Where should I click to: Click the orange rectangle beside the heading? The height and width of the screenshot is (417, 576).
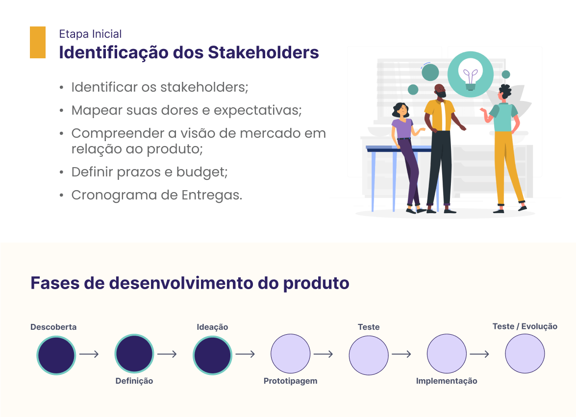(x=37, y=42)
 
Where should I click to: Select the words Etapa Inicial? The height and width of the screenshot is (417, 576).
(x=90, y=34)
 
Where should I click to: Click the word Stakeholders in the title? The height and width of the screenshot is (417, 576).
(x=263, y=52)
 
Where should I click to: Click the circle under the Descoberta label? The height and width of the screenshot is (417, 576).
(x=56, y=355)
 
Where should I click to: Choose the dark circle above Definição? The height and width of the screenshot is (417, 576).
(x=134, y=354)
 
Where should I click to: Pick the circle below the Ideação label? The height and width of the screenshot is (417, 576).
(x=212, y=355)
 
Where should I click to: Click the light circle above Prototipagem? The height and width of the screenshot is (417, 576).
(x=291, y=354)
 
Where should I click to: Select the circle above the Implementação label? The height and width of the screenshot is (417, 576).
(x=447, y=354)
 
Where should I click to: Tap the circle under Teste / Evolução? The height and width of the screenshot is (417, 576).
(x=525, y=354)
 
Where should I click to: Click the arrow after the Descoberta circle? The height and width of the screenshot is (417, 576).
(x=89, y=354)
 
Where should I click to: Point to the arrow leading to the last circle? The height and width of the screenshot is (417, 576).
(x=479, y=354)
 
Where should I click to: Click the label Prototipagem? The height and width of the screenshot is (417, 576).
(x=291, y=381)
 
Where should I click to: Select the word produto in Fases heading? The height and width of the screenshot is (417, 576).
(x=316, y=283)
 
